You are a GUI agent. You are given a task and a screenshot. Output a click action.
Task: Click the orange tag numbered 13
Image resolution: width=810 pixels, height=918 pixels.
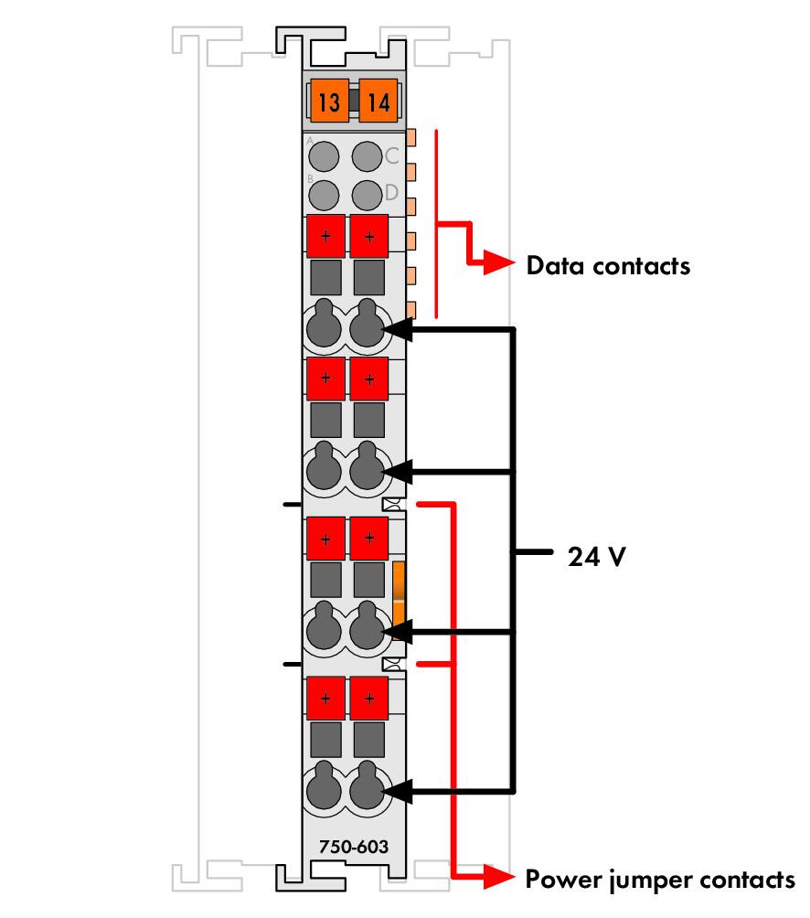329,101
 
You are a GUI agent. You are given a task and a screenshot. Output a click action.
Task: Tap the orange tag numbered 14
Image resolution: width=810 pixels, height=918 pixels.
378,101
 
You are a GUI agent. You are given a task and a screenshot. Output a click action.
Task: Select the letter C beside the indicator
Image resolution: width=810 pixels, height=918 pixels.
391,155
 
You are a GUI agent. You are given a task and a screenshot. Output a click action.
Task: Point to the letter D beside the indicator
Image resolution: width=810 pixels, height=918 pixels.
391,192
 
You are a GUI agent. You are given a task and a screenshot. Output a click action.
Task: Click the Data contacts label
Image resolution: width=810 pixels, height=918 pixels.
608,266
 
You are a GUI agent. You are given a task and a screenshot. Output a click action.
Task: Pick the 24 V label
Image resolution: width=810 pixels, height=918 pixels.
596,556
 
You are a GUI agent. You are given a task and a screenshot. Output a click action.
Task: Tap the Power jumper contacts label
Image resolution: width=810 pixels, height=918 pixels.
660,881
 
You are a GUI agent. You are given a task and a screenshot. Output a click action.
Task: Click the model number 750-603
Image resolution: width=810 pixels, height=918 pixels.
354,847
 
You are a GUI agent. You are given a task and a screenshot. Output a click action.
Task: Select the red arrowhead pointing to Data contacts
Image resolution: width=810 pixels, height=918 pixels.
499,262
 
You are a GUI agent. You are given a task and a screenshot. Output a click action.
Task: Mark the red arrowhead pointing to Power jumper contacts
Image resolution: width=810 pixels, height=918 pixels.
499,877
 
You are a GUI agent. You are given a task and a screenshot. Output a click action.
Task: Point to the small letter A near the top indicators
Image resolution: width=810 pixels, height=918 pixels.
310,141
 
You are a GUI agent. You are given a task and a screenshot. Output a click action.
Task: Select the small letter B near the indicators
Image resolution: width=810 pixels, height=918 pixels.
310,179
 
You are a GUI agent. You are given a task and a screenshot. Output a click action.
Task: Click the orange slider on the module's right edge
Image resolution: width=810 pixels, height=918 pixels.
399,592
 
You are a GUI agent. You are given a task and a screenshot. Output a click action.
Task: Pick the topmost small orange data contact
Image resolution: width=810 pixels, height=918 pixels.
410,137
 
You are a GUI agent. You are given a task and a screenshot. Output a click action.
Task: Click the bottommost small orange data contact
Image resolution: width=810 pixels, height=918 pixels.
410,310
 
